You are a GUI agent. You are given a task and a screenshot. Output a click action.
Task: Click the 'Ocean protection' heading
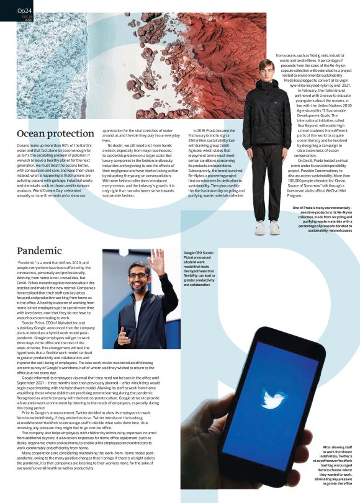click(x=55, y=133)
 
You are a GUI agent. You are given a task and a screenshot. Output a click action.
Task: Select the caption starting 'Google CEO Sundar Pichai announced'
click(x=199, y=268)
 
